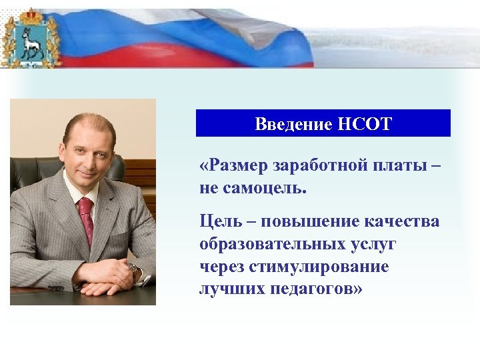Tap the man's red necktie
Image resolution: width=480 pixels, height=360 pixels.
86,220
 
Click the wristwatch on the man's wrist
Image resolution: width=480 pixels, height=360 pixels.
134,269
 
